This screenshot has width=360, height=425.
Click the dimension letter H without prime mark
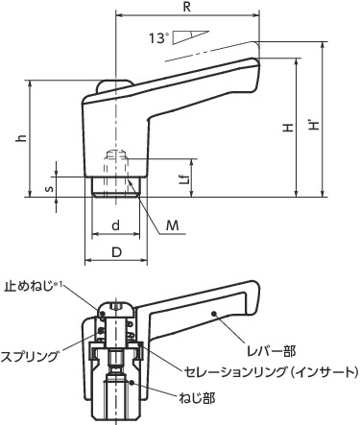pos(288,128)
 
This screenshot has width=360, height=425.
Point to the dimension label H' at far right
pos(318,126)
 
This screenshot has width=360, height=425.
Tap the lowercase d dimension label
pos(114,225)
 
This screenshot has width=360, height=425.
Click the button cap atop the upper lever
pos(112,86)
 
